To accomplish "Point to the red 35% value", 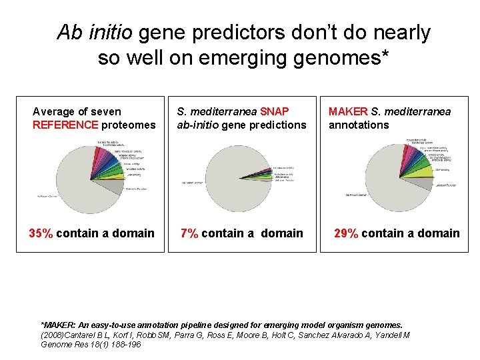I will [41, 233].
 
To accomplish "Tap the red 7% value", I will [190, 233].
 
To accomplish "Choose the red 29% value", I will [345, 233].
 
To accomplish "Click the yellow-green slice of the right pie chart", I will [423, 172].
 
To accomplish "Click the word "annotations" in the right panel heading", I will [359, 125].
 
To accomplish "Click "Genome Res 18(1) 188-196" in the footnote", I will [91, 345].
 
